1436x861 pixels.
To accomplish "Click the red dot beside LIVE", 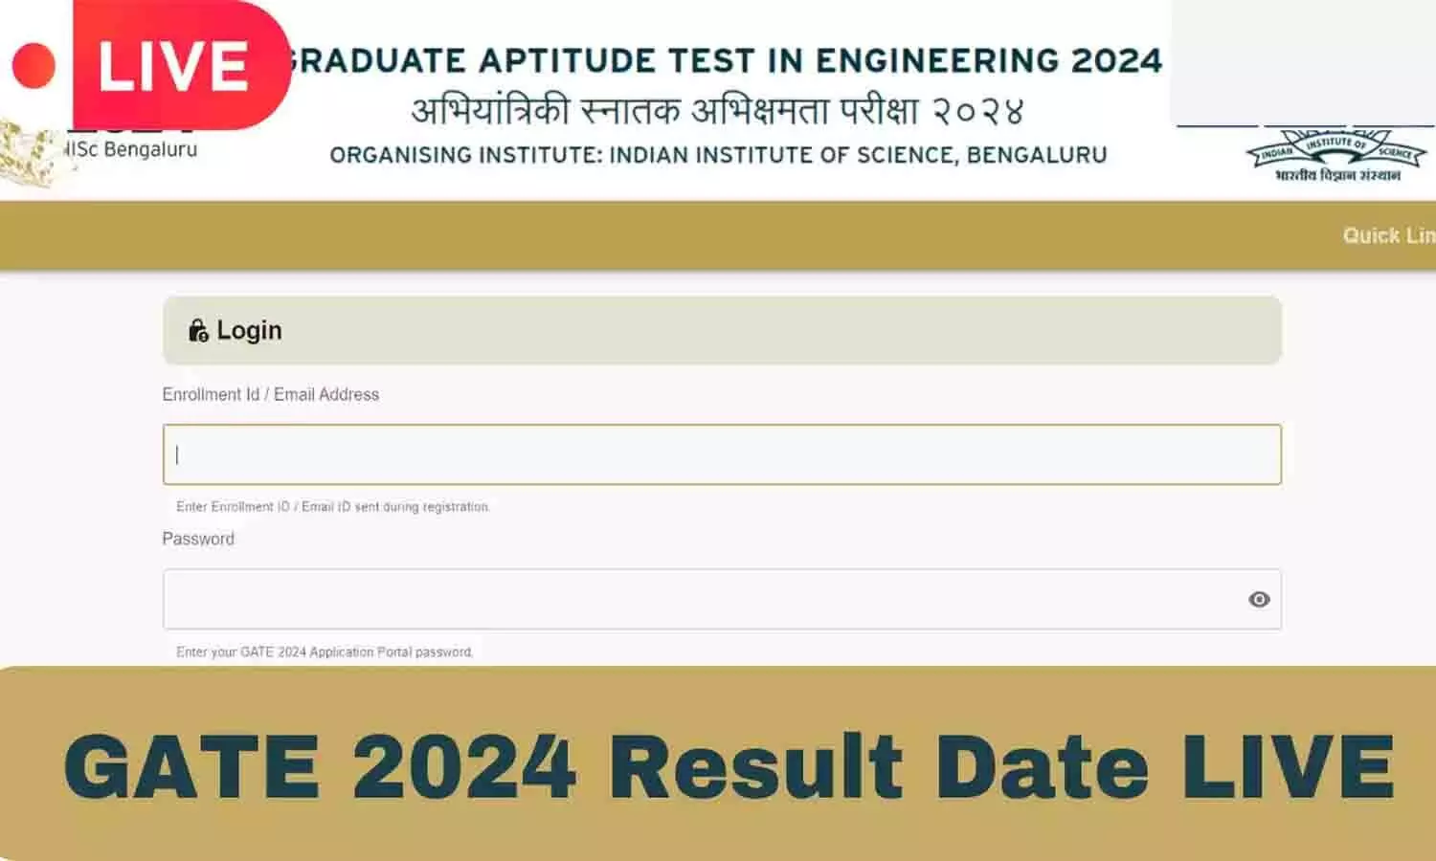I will (34, 66).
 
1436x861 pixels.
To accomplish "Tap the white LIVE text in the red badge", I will (173, 66).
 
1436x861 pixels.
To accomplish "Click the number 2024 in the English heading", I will (1116, 61).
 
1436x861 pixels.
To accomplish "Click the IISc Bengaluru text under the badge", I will (131, 149).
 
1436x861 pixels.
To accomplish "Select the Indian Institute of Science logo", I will (1336, 155).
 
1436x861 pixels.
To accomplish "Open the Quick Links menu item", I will (1387, 235).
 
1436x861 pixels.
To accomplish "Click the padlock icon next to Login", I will (198, 331).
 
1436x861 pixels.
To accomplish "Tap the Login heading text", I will (249, 330).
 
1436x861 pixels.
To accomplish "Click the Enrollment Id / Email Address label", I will (271, 394).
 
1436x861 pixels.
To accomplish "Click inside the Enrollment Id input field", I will (722, 454).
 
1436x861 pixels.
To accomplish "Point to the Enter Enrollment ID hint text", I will (333, 507).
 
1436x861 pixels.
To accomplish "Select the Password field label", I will (198, 539).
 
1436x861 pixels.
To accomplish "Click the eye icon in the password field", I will (1259, 599).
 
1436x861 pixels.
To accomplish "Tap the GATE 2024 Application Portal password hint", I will (325, 652).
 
